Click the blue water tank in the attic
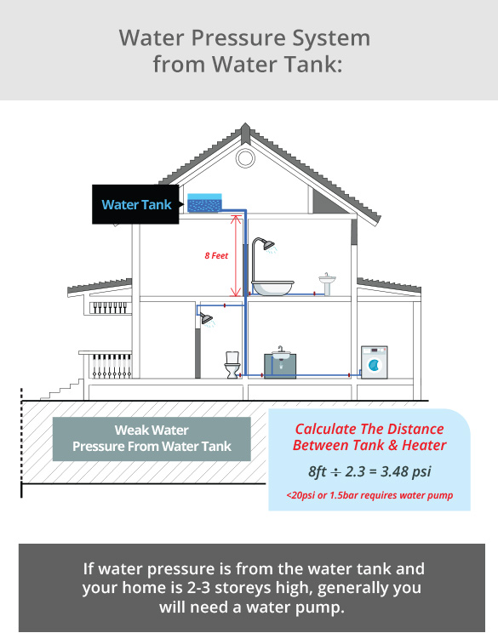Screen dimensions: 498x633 point(204,202)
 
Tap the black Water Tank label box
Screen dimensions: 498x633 point(135,204)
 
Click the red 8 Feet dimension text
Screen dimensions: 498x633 point(216,255)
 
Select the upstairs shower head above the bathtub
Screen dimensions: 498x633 point(268,244)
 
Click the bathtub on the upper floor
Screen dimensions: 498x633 point(272,288)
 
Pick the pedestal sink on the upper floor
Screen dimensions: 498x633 point(327,284)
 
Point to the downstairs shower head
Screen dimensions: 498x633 point(206,318)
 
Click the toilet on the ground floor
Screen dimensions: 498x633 point(232,365)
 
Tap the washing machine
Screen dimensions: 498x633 point(375,362)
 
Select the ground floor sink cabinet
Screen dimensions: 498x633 point(280,366)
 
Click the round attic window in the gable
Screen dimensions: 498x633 point(245,158)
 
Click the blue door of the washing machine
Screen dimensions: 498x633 point(375,365)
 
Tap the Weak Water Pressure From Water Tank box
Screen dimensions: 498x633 point(152,439)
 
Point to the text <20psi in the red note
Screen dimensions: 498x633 point(301,495)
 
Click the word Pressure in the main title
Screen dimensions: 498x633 point(238,38)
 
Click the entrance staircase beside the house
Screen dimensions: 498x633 point(62,389)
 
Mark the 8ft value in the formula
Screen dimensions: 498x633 point(318,471)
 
